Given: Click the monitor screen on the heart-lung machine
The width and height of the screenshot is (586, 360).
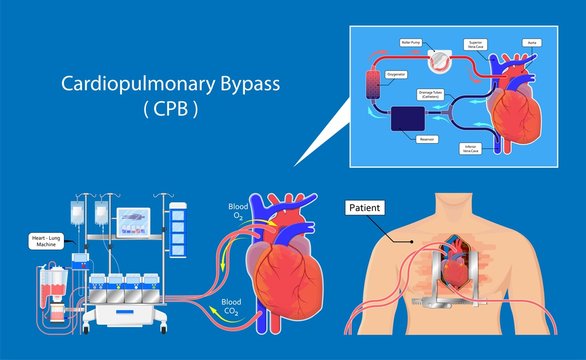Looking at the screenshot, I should click(x=135, y=221).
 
